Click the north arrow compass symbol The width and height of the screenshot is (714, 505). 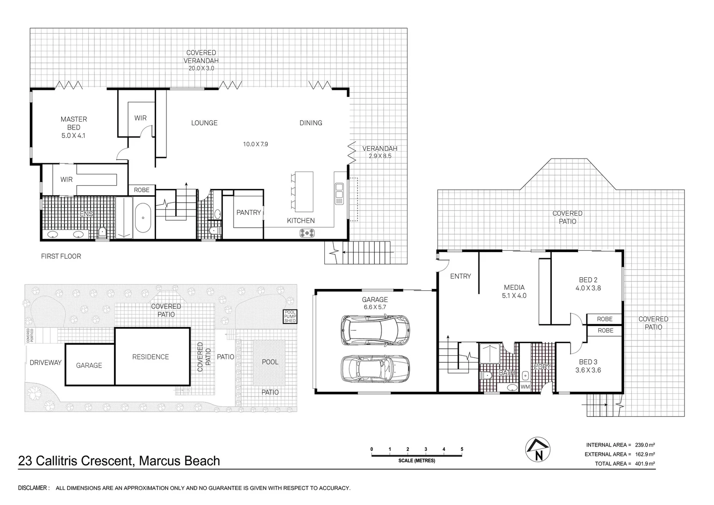[538, 450]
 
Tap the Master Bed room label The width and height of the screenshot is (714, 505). [74, 123]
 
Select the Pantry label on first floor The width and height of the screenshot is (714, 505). [248, 212]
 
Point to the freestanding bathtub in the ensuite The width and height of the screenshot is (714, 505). [143, 217]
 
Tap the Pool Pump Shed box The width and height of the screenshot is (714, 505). [290, 317]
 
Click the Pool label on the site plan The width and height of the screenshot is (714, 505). [270, 362]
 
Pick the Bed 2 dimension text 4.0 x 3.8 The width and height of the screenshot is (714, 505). [588, 288]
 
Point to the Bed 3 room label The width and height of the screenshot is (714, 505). [588, 362]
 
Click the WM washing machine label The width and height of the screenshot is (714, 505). [525, 387]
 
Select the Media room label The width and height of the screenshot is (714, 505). [514, 288]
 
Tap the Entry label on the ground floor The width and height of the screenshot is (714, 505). [460, 276]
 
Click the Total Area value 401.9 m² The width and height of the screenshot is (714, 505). [644, 464]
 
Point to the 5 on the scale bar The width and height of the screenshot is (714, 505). [462, 449]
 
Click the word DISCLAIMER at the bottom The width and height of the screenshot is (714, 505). [33, 488]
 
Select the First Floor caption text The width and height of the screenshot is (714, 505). [61, 256]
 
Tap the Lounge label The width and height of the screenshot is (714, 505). [204, 123]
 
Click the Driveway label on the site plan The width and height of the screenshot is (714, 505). [45, 362]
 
